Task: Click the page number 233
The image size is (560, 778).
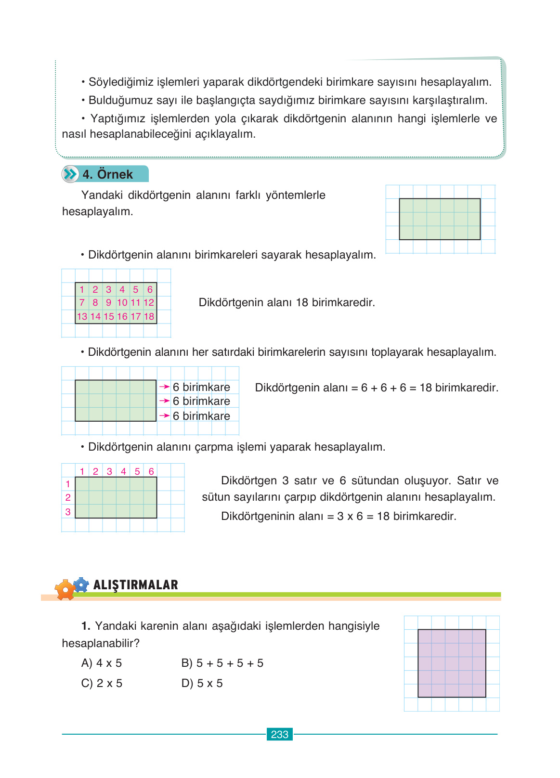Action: pos(279,734)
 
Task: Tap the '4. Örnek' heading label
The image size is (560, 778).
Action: pos(107,174)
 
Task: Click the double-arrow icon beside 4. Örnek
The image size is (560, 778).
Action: pos(70,174)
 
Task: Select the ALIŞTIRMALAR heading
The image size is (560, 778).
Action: pos(135,585)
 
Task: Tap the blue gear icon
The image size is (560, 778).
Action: pos(81,584)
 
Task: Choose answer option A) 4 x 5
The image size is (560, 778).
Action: pos(102,663)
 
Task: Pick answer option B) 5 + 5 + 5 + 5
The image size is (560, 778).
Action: pos(222,663)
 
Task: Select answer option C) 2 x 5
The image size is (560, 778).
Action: pos(102,683)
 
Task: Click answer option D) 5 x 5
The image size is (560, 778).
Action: pos(202,683)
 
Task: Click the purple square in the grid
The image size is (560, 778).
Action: pos(452,663)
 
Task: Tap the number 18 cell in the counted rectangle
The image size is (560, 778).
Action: pos(149,316)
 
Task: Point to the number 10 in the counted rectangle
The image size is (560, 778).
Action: pos(122,302)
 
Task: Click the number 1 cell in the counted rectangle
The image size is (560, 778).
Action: pos(82,289)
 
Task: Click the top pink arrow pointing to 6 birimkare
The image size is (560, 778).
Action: pos(164,387)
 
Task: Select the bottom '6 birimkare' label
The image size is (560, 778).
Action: pos(201,416)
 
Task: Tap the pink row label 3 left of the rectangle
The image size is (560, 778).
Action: pos(68,512)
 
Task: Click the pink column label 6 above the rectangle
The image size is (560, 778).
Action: pos(151,471)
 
